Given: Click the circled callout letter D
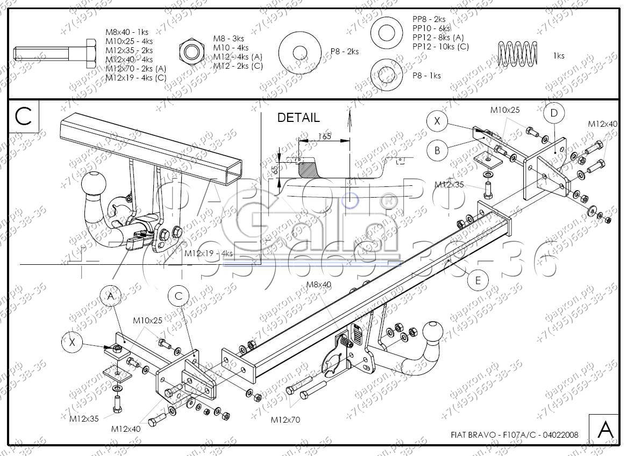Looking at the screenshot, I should point(554,113).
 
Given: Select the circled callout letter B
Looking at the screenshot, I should point(437,150).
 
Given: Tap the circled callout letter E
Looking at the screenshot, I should point(478,280).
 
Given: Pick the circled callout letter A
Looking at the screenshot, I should point(111,296).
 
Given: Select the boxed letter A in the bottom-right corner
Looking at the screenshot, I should point(605,430).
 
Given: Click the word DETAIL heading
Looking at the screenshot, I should point(298,118).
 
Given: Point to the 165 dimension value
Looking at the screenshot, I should point(324,136).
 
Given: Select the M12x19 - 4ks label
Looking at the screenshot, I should point(209,253).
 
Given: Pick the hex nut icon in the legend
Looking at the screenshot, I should point(191,52).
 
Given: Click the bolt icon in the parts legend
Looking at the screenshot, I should point(53,54).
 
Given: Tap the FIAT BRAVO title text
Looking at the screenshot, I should point(515,435).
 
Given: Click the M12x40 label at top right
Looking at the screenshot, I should point(602,124).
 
